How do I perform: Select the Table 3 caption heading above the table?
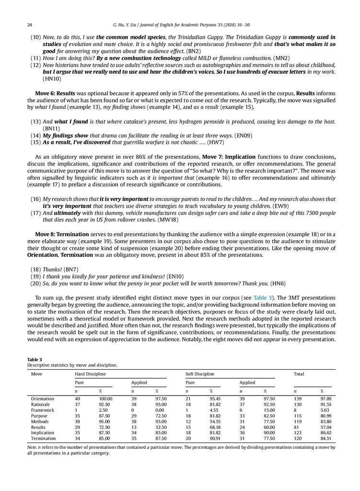pos(34,360)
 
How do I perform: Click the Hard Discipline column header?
pos(91,374)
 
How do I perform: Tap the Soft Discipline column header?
pos(200,374)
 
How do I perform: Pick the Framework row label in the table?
pos(43,410)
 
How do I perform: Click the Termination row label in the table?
pos(43,438)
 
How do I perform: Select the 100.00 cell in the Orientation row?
pos(105,399)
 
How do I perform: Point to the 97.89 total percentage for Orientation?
pos(326,399)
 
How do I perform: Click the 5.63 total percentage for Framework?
pos(325,410)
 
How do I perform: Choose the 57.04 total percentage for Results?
pos(326,427)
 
